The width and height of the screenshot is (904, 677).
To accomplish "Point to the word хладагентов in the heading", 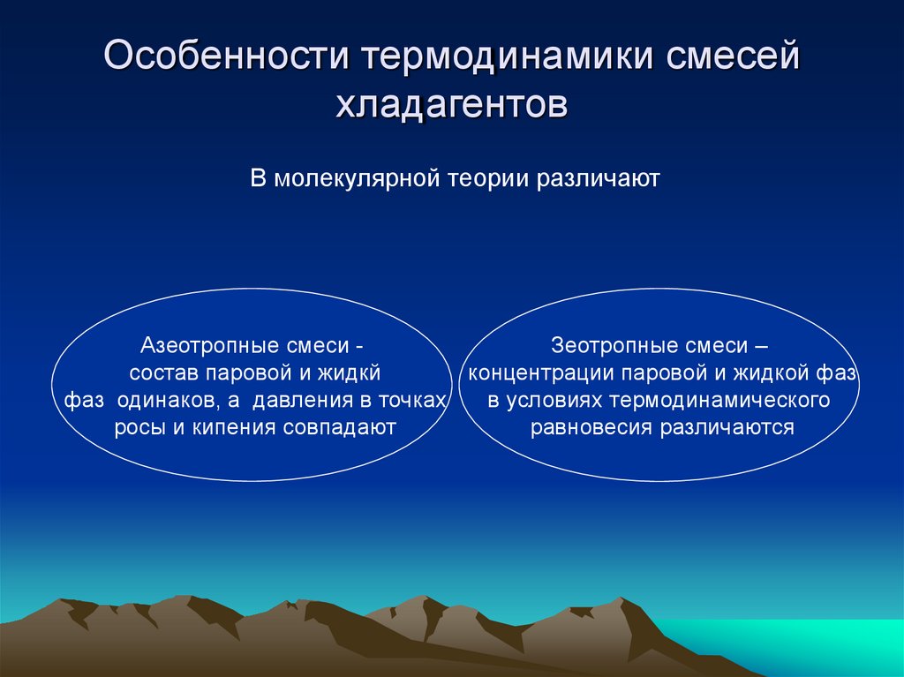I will coord(451,104).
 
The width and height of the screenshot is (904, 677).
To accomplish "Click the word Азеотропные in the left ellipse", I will coord(207,345).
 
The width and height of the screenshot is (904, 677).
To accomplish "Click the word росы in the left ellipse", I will coord(135,428).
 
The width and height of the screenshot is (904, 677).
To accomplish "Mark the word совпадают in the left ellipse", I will coord(340,428).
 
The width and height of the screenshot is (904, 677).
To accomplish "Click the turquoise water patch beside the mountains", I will coord(795,644).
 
